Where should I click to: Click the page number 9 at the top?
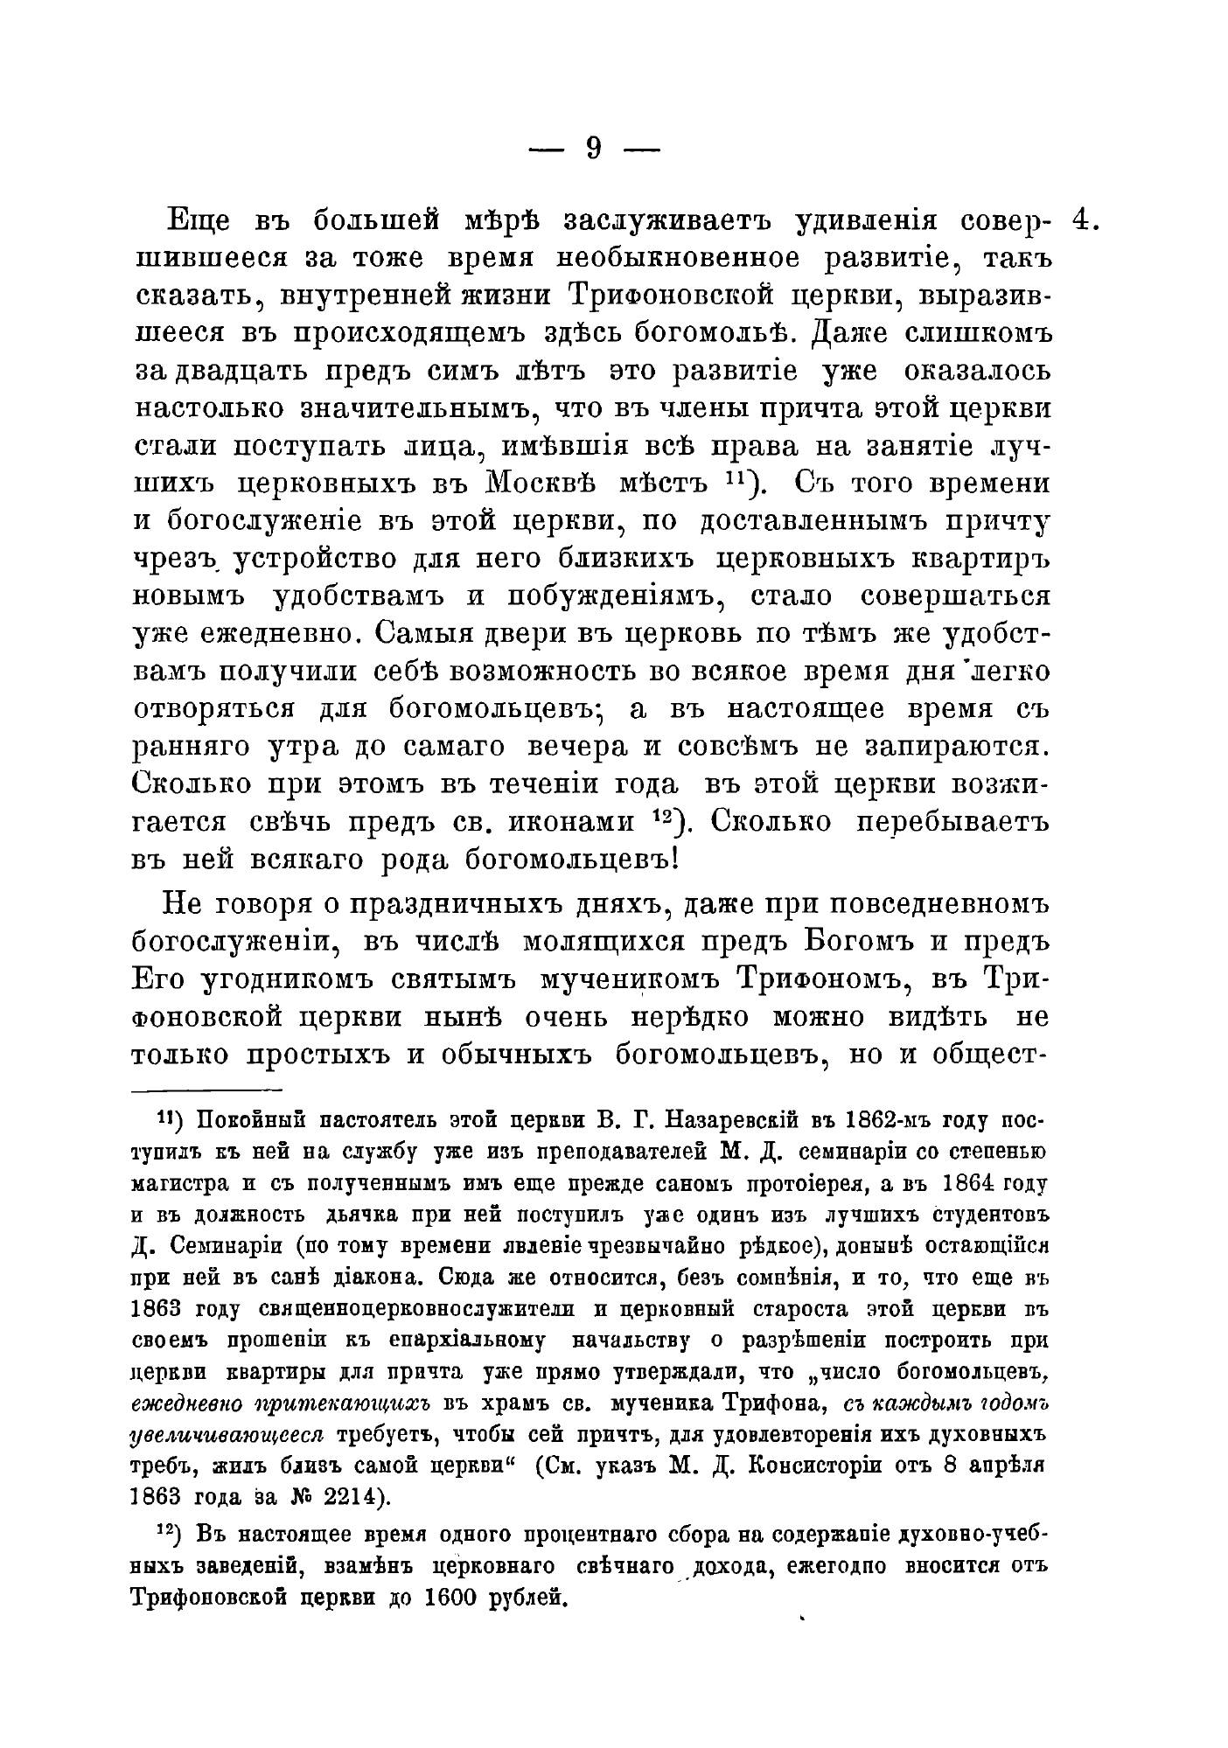pos(593,150)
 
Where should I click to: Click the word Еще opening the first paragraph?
pos(198,221)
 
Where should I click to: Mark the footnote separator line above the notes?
pos(206,1090)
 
